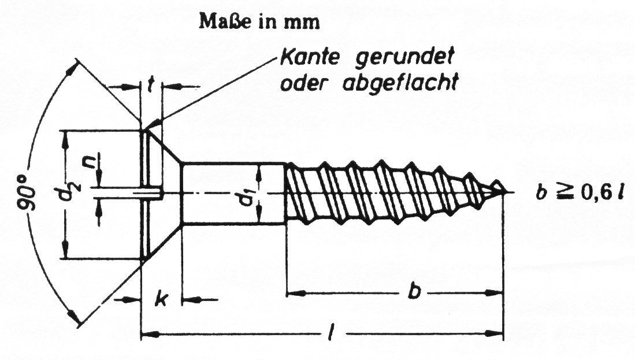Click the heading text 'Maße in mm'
(259, 22)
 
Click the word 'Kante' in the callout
(310, 58)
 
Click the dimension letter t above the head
(150, 85)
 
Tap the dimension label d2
(68, 192)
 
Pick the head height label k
(162, 300)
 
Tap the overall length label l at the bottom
(331, 333)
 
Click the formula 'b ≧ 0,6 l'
(580, 194)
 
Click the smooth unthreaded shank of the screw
(233, 193)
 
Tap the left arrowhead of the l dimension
(150, 335)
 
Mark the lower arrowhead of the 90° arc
(74, 317)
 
